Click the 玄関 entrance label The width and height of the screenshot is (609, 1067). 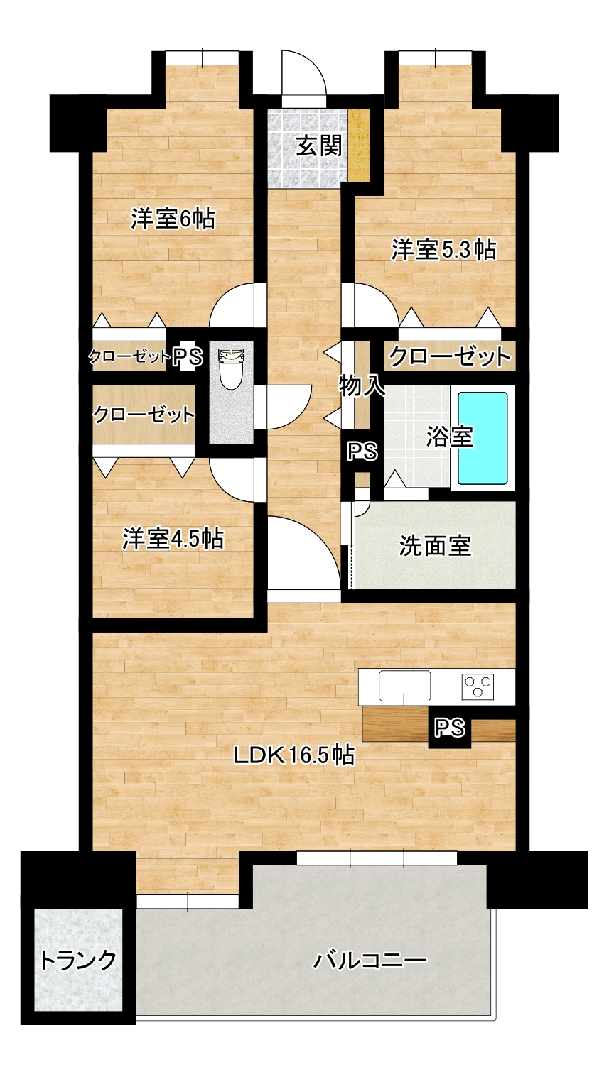pyautogui.click(x=319, y=146)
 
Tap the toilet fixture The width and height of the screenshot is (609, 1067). pyautogui.click(x=231, y=369)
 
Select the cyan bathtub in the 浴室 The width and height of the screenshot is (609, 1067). pyautogui.click(x=482, y=437)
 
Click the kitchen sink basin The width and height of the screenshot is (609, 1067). pyautogui.click(x=405, y=686)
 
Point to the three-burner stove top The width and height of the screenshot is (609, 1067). pyautogui.click(x=478, y=686)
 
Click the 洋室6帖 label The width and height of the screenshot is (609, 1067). pyautogui.click(x=173, y=219)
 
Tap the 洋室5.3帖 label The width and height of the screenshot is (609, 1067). pyautogui.click(x=443, y=250)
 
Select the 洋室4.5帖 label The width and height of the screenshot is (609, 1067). pyautogui.click(x=173, y=539)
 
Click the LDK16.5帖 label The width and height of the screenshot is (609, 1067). pyautogui.click(x=294, y=755)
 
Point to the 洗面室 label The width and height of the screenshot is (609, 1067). pyautogui.click(x=435, y=546)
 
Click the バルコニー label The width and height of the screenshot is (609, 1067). pyautogui.click(x=370, y=960)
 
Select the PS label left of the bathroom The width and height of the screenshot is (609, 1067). pyautogui.click(x=362, y=451)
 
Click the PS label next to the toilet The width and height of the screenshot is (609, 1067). pyautogui.click(x=188, y=356)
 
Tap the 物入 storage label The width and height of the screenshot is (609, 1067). pyautogui.click(x=362, y=385)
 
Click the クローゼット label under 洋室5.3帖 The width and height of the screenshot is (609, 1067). pyautogui.click(x=450, y=356)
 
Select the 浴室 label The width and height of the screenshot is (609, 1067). pyautogui.click(x=449, y=437)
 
